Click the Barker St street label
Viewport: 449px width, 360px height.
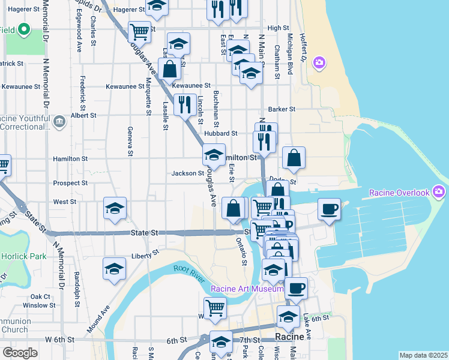click(282, 109)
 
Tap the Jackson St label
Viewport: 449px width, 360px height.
click(188, 173)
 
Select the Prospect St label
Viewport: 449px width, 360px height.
click(70, 183)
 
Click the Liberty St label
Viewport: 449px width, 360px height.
click(144, 254)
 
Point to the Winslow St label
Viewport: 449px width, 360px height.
click(39, 305)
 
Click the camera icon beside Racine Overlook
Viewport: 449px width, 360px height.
click(439, 192)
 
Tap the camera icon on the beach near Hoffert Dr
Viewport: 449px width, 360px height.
click(319, 62)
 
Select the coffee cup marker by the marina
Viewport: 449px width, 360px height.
click(329, 209)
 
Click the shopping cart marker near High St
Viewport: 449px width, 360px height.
click(139, 31)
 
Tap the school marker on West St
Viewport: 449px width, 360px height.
click(115, 208)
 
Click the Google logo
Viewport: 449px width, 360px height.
click(20, 353)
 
